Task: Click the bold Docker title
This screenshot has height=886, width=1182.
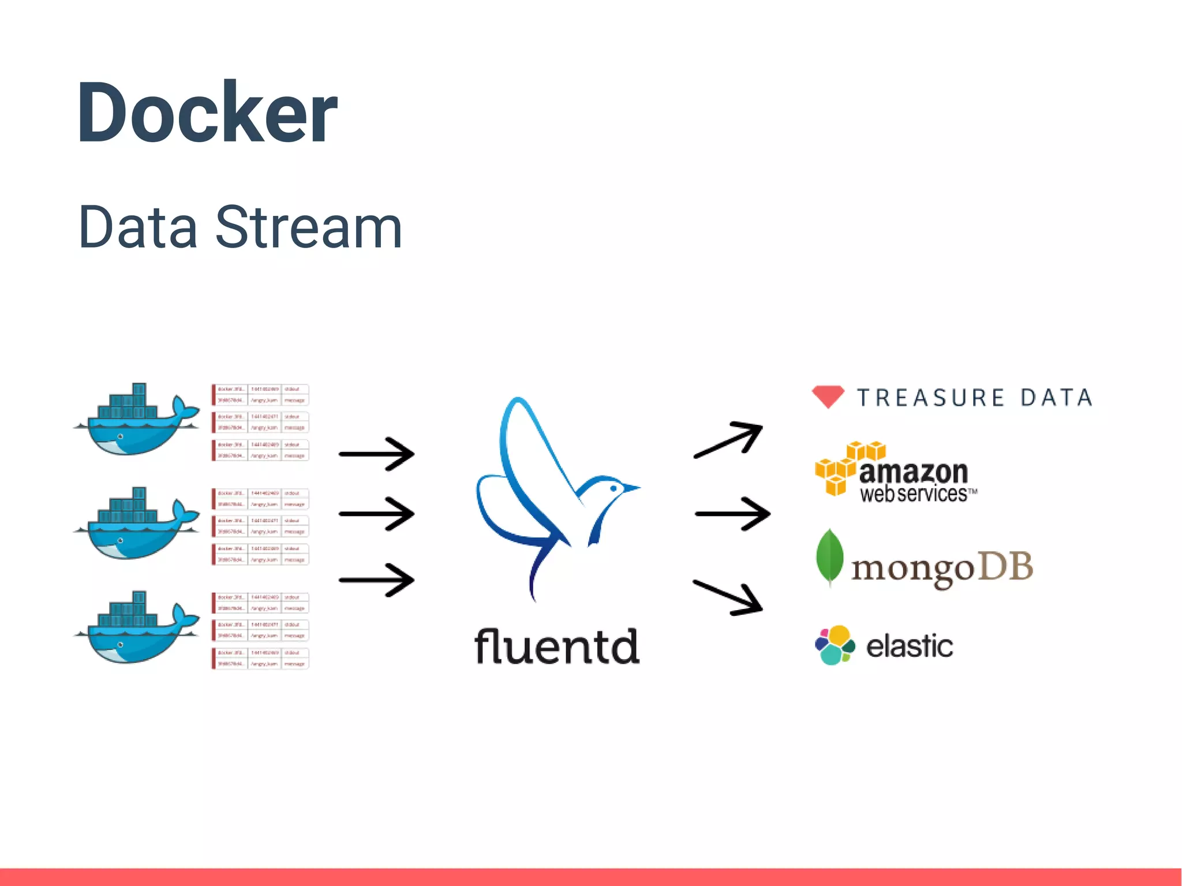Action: [x=207, y=113]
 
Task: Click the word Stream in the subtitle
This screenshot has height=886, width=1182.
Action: [x=309, y=228]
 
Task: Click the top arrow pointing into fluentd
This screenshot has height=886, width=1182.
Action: [x=377, y=454]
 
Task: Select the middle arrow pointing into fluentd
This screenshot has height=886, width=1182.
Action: [x=377, y=513]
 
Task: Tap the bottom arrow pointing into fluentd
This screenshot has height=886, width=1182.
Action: [x=377, y=580]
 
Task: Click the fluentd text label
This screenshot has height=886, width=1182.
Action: [x=557, y=646]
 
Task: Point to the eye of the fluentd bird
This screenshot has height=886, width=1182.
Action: [x=614, y=489]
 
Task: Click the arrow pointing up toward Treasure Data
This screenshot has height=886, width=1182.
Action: [x=729, y=440]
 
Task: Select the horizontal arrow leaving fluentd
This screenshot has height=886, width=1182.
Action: [x=732, y=513]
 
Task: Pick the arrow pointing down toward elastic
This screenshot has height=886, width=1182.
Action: [x=728, y=597]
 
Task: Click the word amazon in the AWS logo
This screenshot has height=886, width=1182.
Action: [x=913, y=472]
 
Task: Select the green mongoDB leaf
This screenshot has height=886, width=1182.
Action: [x=830, y=557]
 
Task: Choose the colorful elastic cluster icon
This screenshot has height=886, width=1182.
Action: [x=835, y=645]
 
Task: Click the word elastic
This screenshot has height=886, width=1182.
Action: [x=909, y=646]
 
